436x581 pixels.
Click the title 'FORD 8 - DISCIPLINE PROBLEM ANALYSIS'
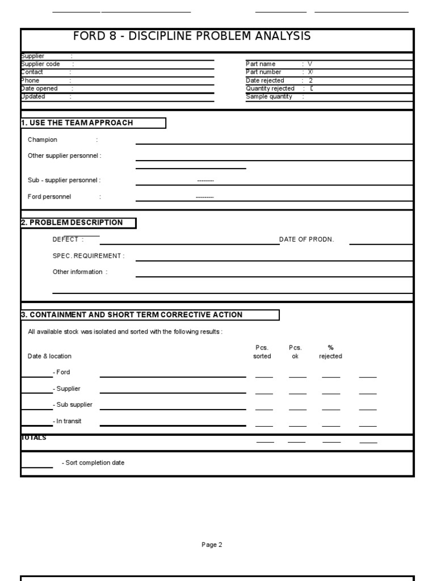click(192, 36)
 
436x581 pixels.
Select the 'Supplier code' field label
click(40, 64)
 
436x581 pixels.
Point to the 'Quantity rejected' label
click(270, 89)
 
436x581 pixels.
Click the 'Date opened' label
click(39, 89)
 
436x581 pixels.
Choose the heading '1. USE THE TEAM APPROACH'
click(77, 123)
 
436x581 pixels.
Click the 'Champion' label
click(43, 140)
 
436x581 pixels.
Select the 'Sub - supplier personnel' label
click(64, 180)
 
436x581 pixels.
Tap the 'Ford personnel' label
click(49, 197)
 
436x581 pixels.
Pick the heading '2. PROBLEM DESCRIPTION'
click(72, 222)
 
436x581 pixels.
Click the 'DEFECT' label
click(66, 239)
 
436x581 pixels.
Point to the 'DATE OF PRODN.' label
click(307, 239)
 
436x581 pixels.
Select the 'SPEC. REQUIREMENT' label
click(87, 256)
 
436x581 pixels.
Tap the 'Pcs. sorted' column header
click(262, 352)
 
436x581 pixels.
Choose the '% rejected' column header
click(330, 352)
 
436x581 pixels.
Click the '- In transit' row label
click(67, 422)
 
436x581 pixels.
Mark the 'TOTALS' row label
click(34, 438)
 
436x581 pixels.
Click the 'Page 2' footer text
click(212, 545)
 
